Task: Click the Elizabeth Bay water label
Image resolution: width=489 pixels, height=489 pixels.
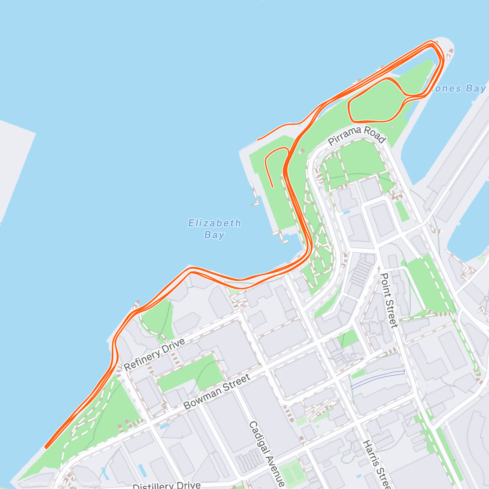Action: [x=214, y=229]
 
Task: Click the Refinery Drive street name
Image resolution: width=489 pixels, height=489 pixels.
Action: [x=154, y=354]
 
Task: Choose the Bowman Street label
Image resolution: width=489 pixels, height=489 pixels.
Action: [x=217, y=392]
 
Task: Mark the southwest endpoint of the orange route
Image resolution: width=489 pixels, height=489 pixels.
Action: [x=46, y=447]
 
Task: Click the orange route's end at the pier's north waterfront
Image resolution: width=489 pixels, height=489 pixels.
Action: [x=258, y=140]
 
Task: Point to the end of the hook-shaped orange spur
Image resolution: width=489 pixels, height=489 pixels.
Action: [x=272, y=187]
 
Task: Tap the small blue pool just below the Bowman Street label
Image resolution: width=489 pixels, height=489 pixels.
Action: [x=165, y=426]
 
